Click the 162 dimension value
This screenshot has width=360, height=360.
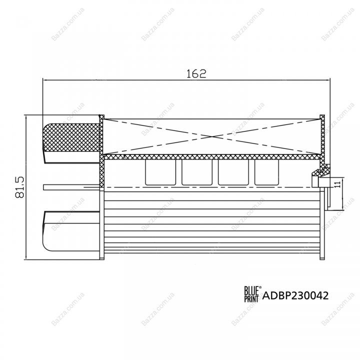pos(196,73)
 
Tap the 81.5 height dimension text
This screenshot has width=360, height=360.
pos(19,187)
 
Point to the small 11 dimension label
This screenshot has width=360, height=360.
pos(337,184)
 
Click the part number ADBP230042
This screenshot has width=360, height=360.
pos(295,295)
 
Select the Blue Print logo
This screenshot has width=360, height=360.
pos(252,293)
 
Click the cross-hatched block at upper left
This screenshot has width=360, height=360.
pos(71,137)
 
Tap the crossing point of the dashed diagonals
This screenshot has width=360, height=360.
pos(212,136)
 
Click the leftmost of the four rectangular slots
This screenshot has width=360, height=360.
pos(160,172)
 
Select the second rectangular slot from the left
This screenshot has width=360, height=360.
pos(197,172)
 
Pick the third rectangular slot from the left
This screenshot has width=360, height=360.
pos(233,172)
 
